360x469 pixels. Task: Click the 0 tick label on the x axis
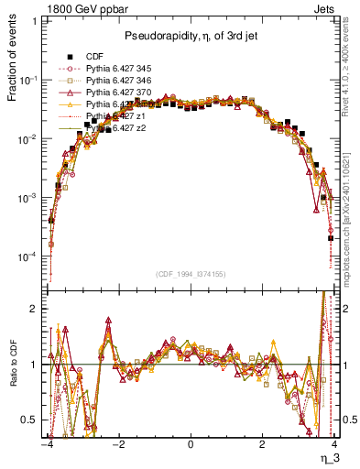pyautogui.click(x=190, y=444)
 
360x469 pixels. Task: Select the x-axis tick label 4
pyautogui.click(x=333, y=444)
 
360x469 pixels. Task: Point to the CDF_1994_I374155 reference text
pyautogui.click(x=190, y=273)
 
